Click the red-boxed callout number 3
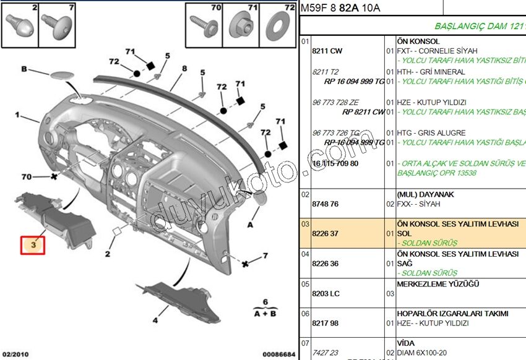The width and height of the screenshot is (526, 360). (35, 246)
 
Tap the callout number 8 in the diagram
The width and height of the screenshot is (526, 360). (184, 69)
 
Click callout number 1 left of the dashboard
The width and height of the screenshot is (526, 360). (19, 116)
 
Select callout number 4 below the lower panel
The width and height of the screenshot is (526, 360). (155, 320)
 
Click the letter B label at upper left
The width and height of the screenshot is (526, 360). (24, 69)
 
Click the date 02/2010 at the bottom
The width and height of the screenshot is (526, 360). (15, 354)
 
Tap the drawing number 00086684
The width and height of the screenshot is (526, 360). (278, 354)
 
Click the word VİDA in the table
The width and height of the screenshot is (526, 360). (406, 343)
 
